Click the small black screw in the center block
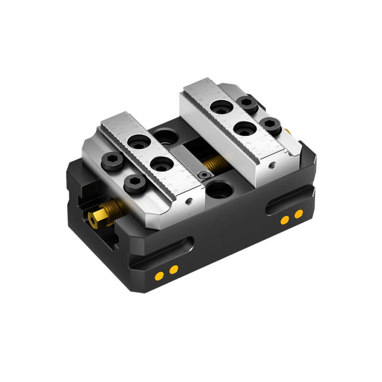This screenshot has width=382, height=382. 205,176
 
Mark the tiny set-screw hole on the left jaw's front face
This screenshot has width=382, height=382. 190,201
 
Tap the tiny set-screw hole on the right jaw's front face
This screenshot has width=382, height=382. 272,165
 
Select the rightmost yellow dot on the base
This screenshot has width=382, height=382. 298,214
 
